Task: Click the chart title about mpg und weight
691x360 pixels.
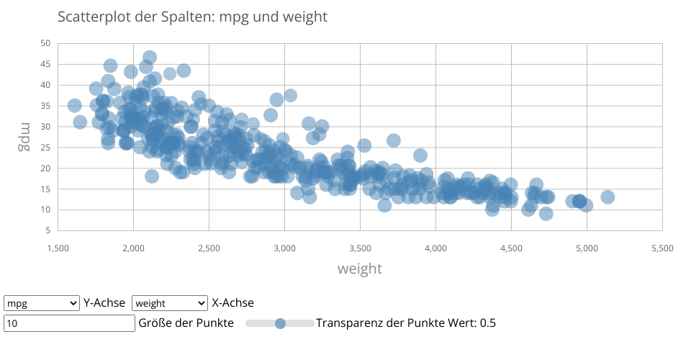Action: click(192, 17)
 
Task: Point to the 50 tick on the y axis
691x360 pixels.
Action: click(45, 43)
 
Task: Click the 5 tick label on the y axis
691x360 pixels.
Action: click(48, 230)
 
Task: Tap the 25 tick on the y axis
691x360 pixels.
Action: click(45, 147)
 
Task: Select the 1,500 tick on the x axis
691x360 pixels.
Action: click(58, 248)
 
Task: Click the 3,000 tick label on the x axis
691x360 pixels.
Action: click(284, 248)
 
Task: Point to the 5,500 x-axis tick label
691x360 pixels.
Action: click(661, 248)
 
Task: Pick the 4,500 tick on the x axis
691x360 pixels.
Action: click(511, 248)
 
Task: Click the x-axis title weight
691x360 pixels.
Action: click(360, 269)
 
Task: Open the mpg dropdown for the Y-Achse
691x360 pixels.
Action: click(41, 303)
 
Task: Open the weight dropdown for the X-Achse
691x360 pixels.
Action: click(169, 303)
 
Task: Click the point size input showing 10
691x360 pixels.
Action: click(69, 323)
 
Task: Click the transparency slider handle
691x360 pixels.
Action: click(281, 324)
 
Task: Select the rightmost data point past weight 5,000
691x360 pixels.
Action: click(608, 197)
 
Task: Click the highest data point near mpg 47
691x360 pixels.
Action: click(150, 58)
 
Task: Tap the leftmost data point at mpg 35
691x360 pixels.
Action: click(74, 106)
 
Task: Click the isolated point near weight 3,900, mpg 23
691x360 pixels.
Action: click(420, 156)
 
